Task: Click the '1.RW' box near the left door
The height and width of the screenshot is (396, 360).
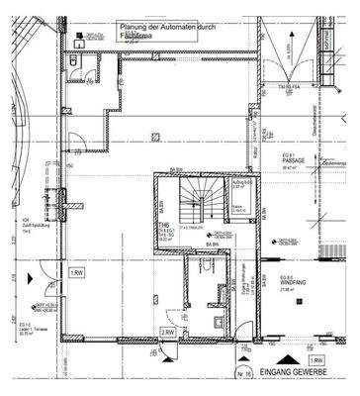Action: point(75,271)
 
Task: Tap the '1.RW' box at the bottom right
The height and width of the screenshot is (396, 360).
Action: point(317,361)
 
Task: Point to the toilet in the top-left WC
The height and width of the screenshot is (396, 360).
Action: point(78,62)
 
